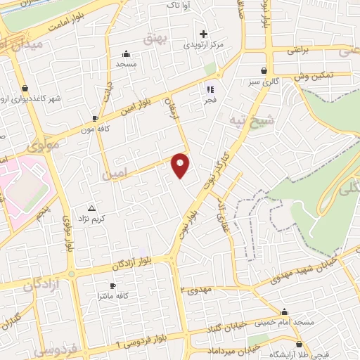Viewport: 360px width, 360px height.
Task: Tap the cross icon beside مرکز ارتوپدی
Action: pos(204,34)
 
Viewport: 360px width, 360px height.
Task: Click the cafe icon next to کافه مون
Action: pos(95,119)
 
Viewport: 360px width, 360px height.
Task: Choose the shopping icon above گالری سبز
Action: pos(264,70)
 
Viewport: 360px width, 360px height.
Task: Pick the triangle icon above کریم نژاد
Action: pos(91,208)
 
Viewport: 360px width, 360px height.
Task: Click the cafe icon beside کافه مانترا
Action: pos(112,286)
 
